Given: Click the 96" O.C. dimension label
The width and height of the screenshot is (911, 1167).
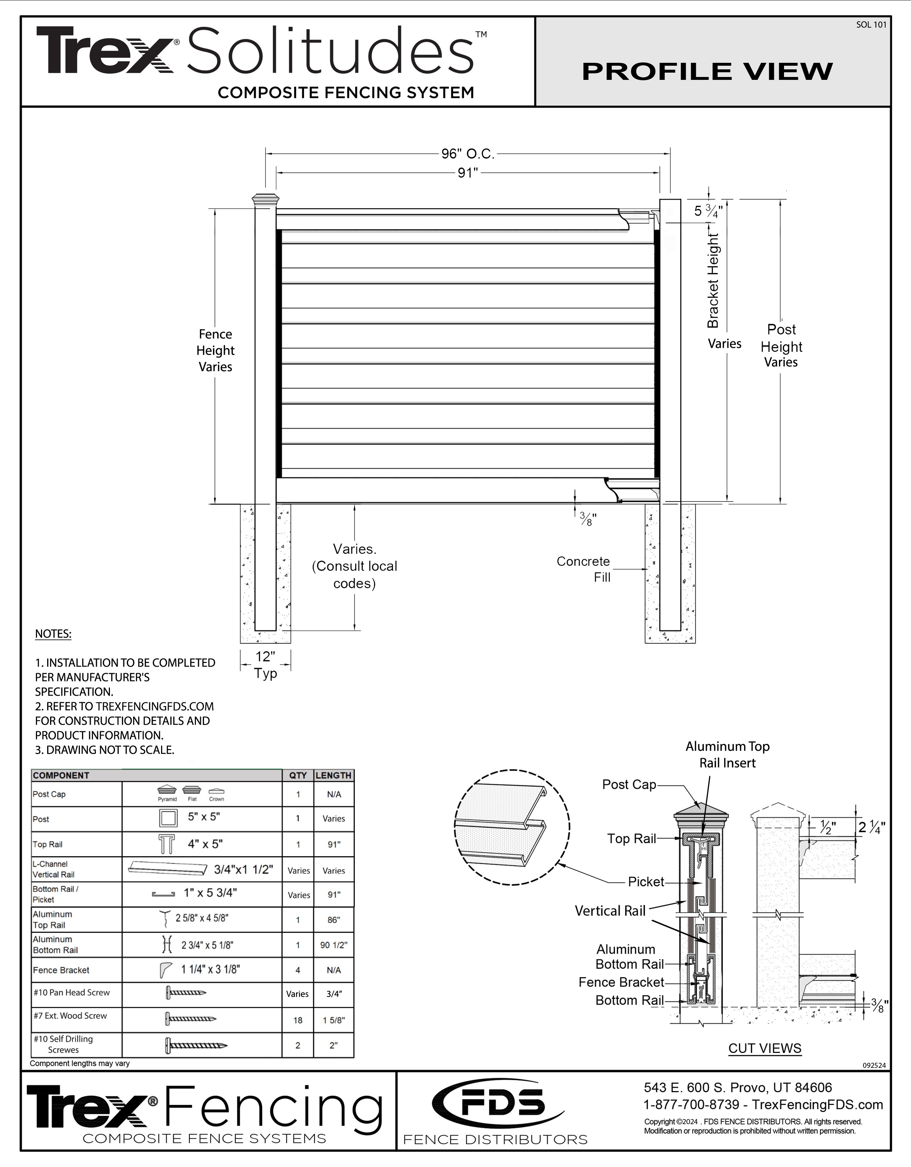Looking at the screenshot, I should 467,154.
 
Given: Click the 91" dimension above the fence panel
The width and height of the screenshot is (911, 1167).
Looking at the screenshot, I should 467,173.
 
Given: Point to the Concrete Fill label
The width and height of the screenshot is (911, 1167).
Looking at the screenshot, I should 584,569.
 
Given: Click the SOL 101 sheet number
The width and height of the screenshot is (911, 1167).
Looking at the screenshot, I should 871,25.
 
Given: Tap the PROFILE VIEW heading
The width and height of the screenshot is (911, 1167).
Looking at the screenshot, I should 707,72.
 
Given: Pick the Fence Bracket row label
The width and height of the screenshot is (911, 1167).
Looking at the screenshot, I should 61,970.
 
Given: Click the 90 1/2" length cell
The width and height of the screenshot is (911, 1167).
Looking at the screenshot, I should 334,945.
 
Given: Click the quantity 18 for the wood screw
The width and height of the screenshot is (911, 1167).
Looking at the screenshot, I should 297,1020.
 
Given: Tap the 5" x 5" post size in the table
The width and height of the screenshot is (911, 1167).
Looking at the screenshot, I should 204,817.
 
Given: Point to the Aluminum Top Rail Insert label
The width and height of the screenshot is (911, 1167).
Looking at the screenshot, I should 727,755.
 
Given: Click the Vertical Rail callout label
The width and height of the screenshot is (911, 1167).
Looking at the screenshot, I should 610,911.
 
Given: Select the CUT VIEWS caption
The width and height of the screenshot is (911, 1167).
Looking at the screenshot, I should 765,1048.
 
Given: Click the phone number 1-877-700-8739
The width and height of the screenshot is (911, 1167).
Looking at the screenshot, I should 692,1105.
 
